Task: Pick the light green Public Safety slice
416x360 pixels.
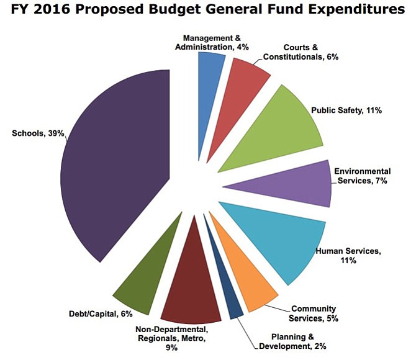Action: (279, 130)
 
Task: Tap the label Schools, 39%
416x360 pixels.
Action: (38, 133)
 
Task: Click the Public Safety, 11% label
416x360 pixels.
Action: (355, 110)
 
